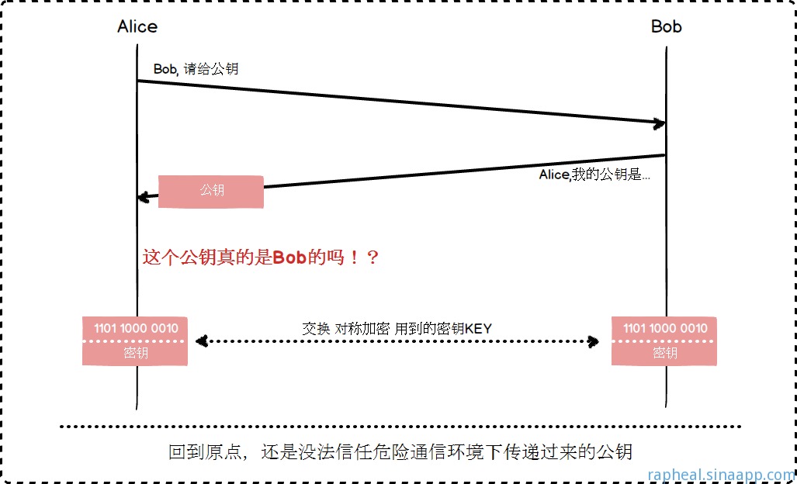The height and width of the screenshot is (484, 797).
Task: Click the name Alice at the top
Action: [x=137, y=26]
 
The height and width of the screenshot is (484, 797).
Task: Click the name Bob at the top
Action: [x=666, y=26]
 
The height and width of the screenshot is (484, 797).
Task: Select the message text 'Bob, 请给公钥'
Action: [x=196, y=69]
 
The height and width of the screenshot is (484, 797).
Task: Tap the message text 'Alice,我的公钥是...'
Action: [x=594, y=175]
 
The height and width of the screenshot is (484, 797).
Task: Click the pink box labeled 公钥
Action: [x=211, y=191]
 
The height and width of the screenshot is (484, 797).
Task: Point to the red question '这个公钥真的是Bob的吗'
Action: [x=261, y=258]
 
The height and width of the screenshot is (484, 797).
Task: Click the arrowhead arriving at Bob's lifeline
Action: [x=659, y=123]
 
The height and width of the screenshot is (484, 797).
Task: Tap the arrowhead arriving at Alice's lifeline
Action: [x=143, y=196]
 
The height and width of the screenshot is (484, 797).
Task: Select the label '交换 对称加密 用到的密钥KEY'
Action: [x=397, y=328]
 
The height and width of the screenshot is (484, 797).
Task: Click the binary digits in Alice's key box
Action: [x=136, y=328]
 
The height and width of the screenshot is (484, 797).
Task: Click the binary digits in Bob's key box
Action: [x=665, y=328]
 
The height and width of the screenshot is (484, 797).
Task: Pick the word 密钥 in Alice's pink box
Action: [x=136, y=353]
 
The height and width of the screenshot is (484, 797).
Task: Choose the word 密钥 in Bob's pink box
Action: [x=665, y=353]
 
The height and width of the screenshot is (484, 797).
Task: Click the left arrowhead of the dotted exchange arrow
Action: [x=200, y=341]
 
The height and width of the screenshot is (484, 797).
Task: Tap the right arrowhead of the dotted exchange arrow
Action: [x=594, y=341]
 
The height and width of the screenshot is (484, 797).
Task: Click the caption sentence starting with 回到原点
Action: [x=400, y=451]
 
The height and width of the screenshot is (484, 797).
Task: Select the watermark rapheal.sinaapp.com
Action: [x=721, y=474]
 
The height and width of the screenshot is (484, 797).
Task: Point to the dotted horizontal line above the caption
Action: [x=400, y=426]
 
